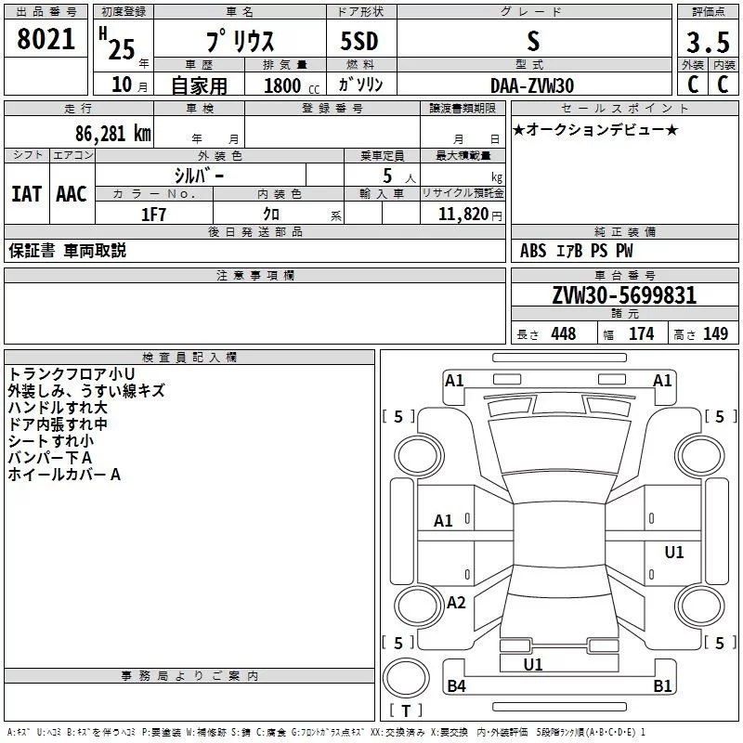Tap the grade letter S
pos(532,42)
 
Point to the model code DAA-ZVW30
pos(532,85)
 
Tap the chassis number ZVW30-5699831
pos(624,295)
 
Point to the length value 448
pos(563,334)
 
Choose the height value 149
pos(715,334)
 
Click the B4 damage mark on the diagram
pos(456,686)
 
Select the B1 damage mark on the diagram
pos(662,686)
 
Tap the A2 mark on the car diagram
pos(456,603)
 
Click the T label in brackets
pos(405,711)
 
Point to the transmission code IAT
pos(26,193)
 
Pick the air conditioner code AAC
pos(71,193)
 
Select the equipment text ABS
pos(533,251)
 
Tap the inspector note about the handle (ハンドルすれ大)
pos(58,408)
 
